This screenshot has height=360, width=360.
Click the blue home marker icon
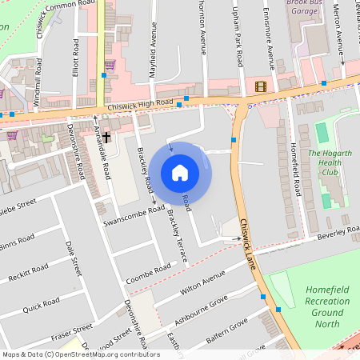pyautogui.click(x=180, y=173)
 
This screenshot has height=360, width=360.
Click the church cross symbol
pyautogui.click(x=105, y=138)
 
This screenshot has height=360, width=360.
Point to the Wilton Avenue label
pyautogui.click(x=203, y=284)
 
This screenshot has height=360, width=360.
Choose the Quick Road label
pyautogui.click(x=42, y=306)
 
